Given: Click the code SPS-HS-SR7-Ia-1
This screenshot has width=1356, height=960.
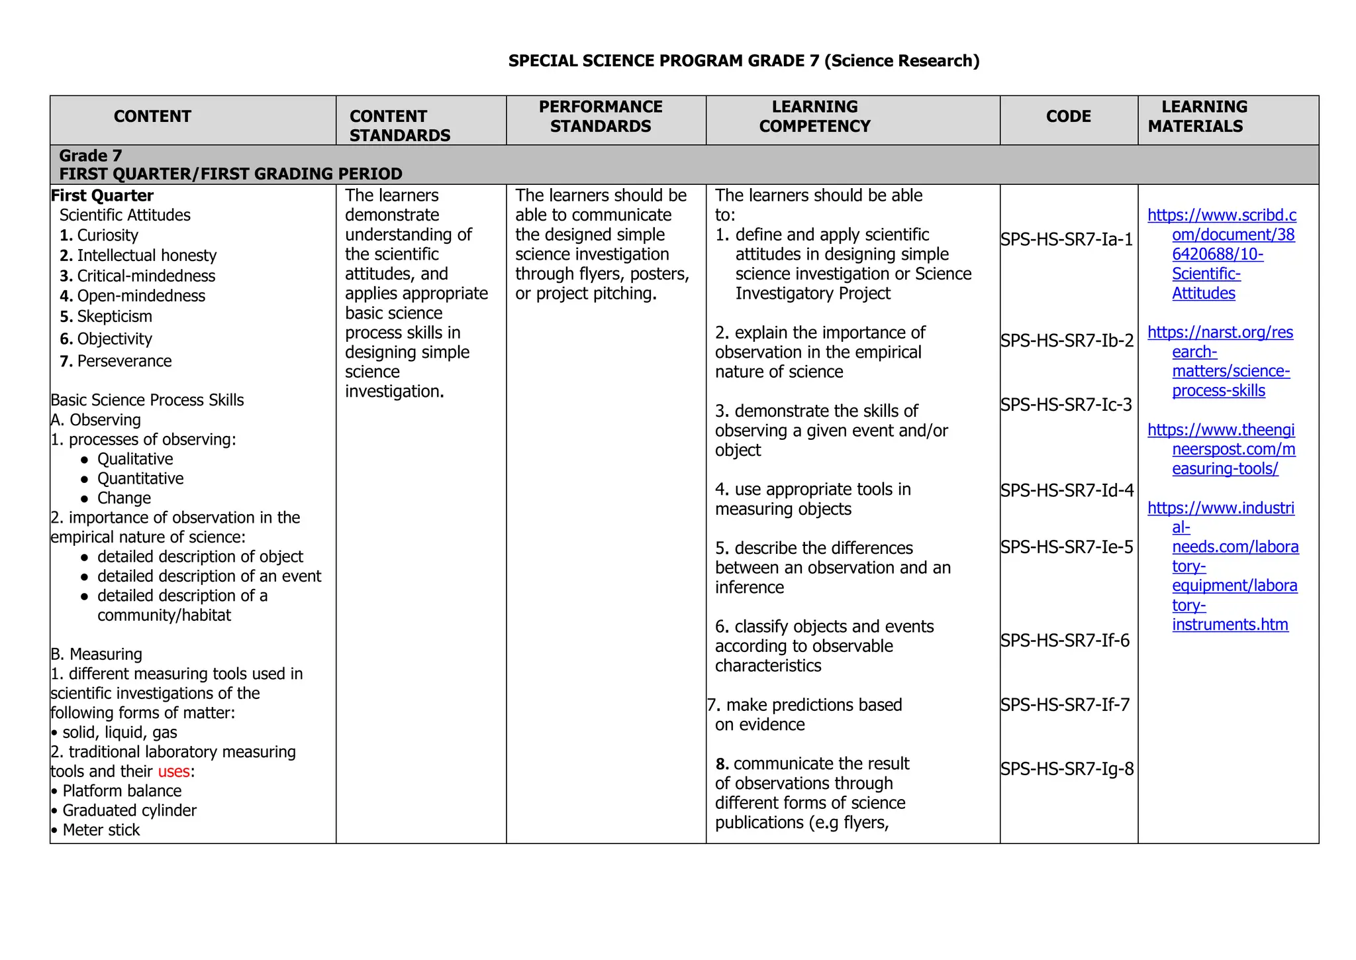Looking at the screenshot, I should coord(1067,239).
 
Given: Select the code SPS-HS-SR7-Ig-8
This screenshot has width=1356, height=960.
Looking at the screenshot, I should coord(1067,769).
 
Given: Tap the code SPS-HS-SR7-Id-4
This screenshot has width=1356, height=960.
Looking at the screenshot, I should coord(1067,490).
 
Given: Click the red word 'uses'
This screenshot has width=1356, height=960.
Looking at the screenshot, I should coord(173,771).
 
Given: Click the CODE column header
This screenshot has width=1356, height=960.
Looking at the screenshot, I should coord(1068,117).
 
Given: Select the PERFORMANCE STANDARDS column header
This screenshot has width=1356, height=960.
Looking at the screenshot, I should coord(601,117).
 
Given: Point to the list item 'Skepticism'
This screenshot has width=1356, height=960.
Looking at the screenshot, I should coord(114,317).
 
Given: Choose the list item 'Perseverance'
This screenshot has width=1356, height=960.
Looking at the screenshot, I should coord(124,361).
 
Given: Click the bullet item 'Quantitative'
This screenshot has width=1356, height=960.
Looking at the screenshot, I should coord(140,478).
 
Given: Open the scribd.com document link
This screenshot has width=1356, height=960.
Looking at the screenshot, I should coord(1222,254).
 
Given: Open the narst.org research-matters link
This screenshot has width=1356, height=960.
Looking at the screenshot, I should coord(1220,361).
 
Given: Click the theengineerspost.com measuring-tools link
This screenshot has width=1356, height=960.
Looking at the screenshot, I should coord(1222,449).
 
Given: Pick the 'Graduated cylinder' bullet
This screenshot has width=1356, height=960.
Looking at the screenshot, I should coord(129,810).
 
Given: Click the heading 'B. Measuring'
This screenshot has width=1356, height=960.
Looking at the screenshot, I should coord(97,654).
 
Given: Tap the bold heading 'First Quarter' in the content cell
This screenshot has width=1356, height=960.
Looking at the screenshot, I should coord(102,195).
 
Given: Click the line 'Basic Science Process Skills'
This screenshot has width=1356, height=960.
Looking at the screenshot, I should coord(147,400).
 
